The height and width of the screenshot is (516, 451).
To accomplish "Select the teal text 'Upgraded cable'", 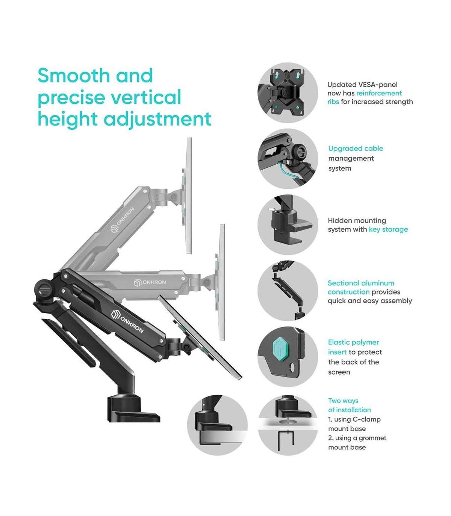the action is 356,149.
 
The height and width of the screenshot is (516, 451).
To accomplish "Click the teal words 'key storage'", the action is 388,229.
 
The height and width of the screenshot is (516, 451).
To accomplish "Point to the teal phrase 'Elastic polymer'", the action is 353,342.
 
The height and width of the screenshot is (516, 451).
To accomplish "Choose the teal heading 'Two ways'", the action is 343,401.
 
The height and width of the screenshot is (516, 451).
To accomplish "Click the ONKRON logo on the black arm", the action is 127,322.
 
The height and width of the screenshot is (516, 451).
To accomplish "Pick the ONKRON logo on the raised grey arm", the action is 123,220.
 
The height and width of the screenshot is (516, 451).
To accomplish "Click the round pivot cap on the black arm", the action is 44,288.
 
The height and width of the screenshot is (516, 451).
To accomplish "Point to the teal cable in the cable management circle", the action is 289,172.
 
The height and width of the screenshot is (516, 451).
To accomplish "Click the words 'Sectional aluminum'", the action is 361,283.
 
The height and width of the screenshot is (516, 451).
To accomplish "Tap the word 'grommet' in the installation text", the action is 372,438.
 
